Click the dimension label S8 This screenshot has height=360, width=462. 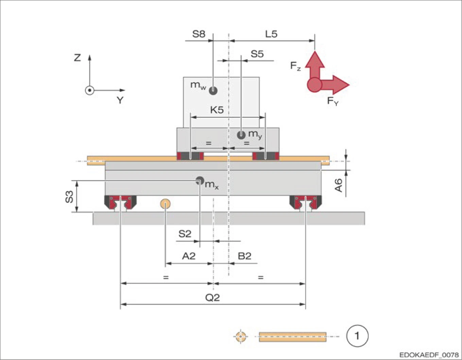(199, 34)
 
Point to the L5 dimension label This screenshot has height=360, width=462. (271, 34)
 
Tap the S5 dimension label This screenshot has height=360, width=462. (257, 54)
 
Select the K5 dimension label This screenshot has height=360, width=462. (217, 110)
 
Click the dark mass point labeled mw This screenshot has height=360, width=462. (213, 91)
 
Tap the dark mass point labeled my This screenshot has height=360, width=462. (241, 135)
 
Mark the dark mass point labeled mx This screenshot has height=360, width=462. (200, 181)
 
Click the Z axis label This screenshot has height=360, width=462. (78, 58)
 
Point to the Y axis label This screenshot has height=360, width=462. (120, 100)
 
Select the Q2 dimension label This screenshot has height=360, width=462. (212, 297)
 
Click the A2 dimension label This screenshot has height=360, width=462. (189, 256)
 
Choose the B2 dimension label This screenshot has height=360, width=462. (244, 256)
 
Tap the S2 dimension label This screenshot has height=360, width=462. (185, 234)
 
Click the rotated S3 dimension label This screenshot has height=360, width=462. (69, 197)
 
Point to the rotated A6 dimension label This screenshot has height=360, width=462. (339, 185)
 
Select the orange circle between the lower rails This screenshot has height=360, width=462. (165, 204)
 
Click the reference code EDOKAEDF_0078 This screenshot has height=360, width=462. (429, 355)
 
